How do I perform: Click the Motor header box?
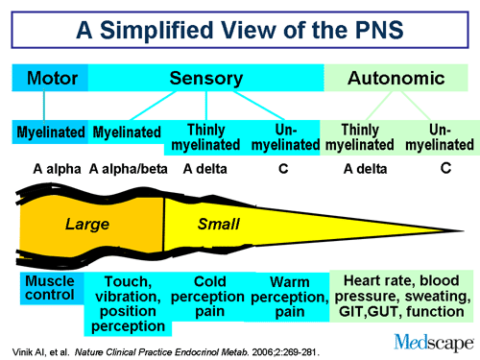[50, 78]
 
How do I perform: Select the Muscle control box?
[50, 289]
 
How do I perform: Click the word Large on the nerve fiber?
[86, 225]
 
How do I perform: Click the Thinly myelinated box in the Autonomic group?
[360, 136]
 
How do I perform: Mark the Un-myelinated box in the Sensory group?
[285, 136]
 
